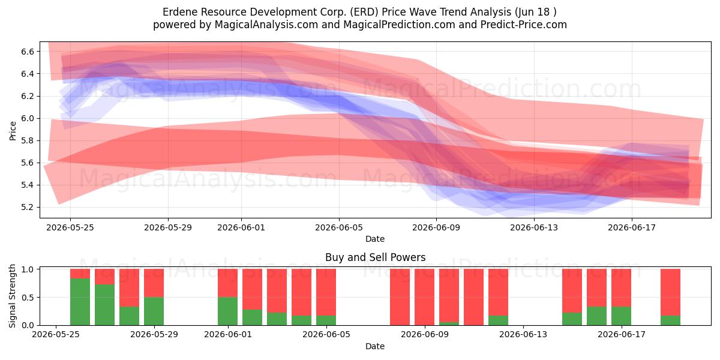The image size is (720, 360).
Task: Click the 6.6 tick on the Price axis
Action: pyautogui.click(x=28, y=52)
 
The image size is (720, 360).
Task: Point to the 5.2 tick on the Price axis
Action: pyautogui.click(x=28, y=208)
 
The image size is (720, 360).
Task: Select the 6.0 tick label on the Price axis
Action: pyautogui.click(x=28, y=118)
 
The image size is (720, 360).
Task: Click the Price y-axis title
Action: pyautogui.click(x=13, y=131)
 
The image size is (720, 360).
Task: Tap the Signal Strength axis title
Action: pyautogui.click(x=12, y=296)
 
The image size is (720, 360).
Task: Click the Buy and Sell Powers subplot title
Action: pyautogui.click(x=375, y=257)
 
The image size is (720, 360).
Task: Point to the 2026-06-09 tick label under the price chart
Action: pyautogui.click(x=436, y=227)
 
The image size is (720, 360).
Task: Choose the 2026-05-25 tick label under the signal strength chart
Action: pyautogui.click(x=56, y=335)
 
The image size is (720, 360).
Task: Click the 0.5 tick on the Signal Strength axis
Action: pyautogui.click(x=28, y=298)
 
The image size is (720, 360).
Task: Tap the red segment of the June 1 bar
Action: pyautogui.click(x=227, y=283)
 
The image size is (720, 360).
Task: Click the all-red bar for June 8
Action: pyautogui.click(x=400, y=297)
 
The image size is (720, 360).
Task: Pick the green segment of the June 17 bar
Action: pyautogui.click(x=621, y=316)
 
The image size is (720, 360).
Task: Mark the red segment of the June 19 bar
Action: pyautogui.click(x=670, y=293)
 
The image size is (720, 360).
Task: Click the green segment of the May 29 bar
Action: pyautogui.click(x=154, y=311)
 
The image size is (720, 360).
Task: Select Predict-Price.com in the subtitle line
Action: pyautogui.click(x=524, y=25)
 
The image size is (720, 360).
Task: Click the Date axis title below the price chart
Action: pyautogui.click(x=375, y=239)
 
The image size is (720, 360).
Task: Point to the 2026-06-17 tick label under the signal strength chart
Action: pyautogui.click(x=622, y=335)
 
